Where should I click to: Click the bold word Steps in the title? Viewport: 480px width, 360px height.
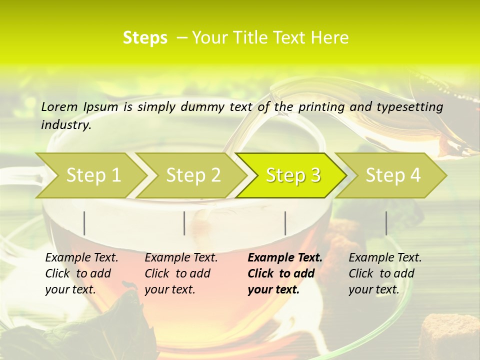(x=145, y=38)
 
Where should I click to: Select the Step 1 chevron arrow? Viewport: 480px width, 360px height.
(x=90, y=175)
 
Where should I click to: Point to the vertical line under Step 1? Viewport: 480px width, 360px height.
(x=84, y=223)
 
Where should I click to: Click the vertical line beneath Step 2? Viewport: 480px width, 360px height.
(x=184, y=223)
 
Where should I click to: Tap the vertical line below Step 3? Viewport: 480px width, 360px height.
(x=285, y=223)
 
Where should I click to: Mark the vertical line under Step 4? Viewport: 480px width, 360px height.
(x=386, y=223)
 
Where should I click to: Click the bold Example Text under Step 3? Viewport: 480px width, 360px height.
(x=285, y=273)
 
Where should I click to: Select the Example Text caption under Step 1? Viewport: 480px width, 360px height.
(x=81, y=273)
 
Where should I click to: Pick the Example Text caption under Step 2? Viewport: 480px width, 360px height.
(x=181, y=273)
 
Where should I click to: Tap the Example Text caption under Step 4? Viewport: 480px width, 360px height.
(x=385, y=273)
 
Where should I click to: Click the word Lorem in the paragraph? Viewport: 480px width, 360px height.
(x=59, y=106)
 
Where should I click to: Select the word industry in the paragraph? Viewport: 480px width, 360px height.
(x=65, y=125)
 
